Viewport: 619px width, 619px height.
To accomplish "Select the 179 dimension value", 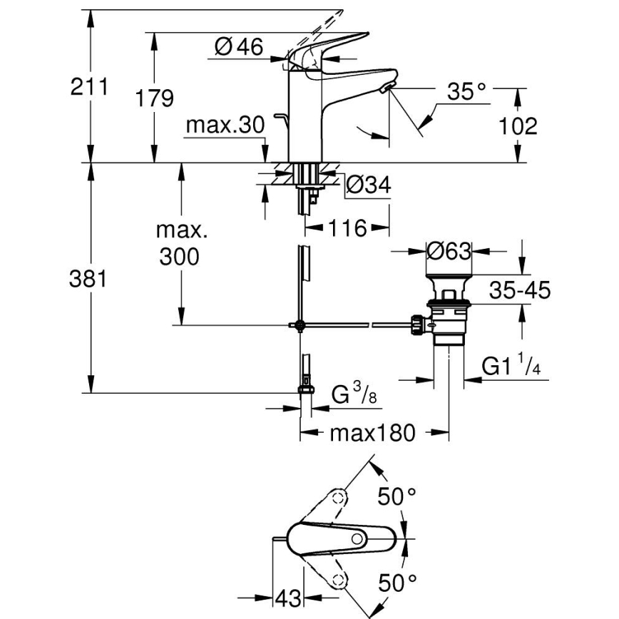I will [154, 98].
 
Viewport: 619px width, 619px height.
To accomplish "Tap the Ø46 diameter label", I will [239, 48].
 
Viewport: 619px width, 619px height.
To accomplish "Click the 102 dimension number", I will [517, 126].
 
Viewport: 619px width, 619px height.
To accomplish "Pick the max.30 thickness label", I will [225, 126].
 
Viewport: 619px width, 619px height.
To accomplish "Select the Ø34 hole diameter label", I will [369, 185].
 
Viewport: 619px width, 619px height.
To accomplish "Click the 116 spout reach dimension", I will [348, 229].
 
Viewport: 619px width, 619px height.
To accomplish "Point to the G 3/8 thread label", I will [354, 394].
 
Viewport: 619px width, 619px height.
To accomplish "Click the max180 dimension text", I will [372, 433].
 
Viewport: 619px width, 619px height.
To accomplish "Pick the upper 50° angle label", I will [397, 496].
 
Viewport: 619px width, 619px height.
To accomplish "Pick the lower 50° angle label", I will [397, 583].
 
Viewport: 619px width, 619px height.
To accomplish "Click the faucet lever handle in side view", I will [335, 46].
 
